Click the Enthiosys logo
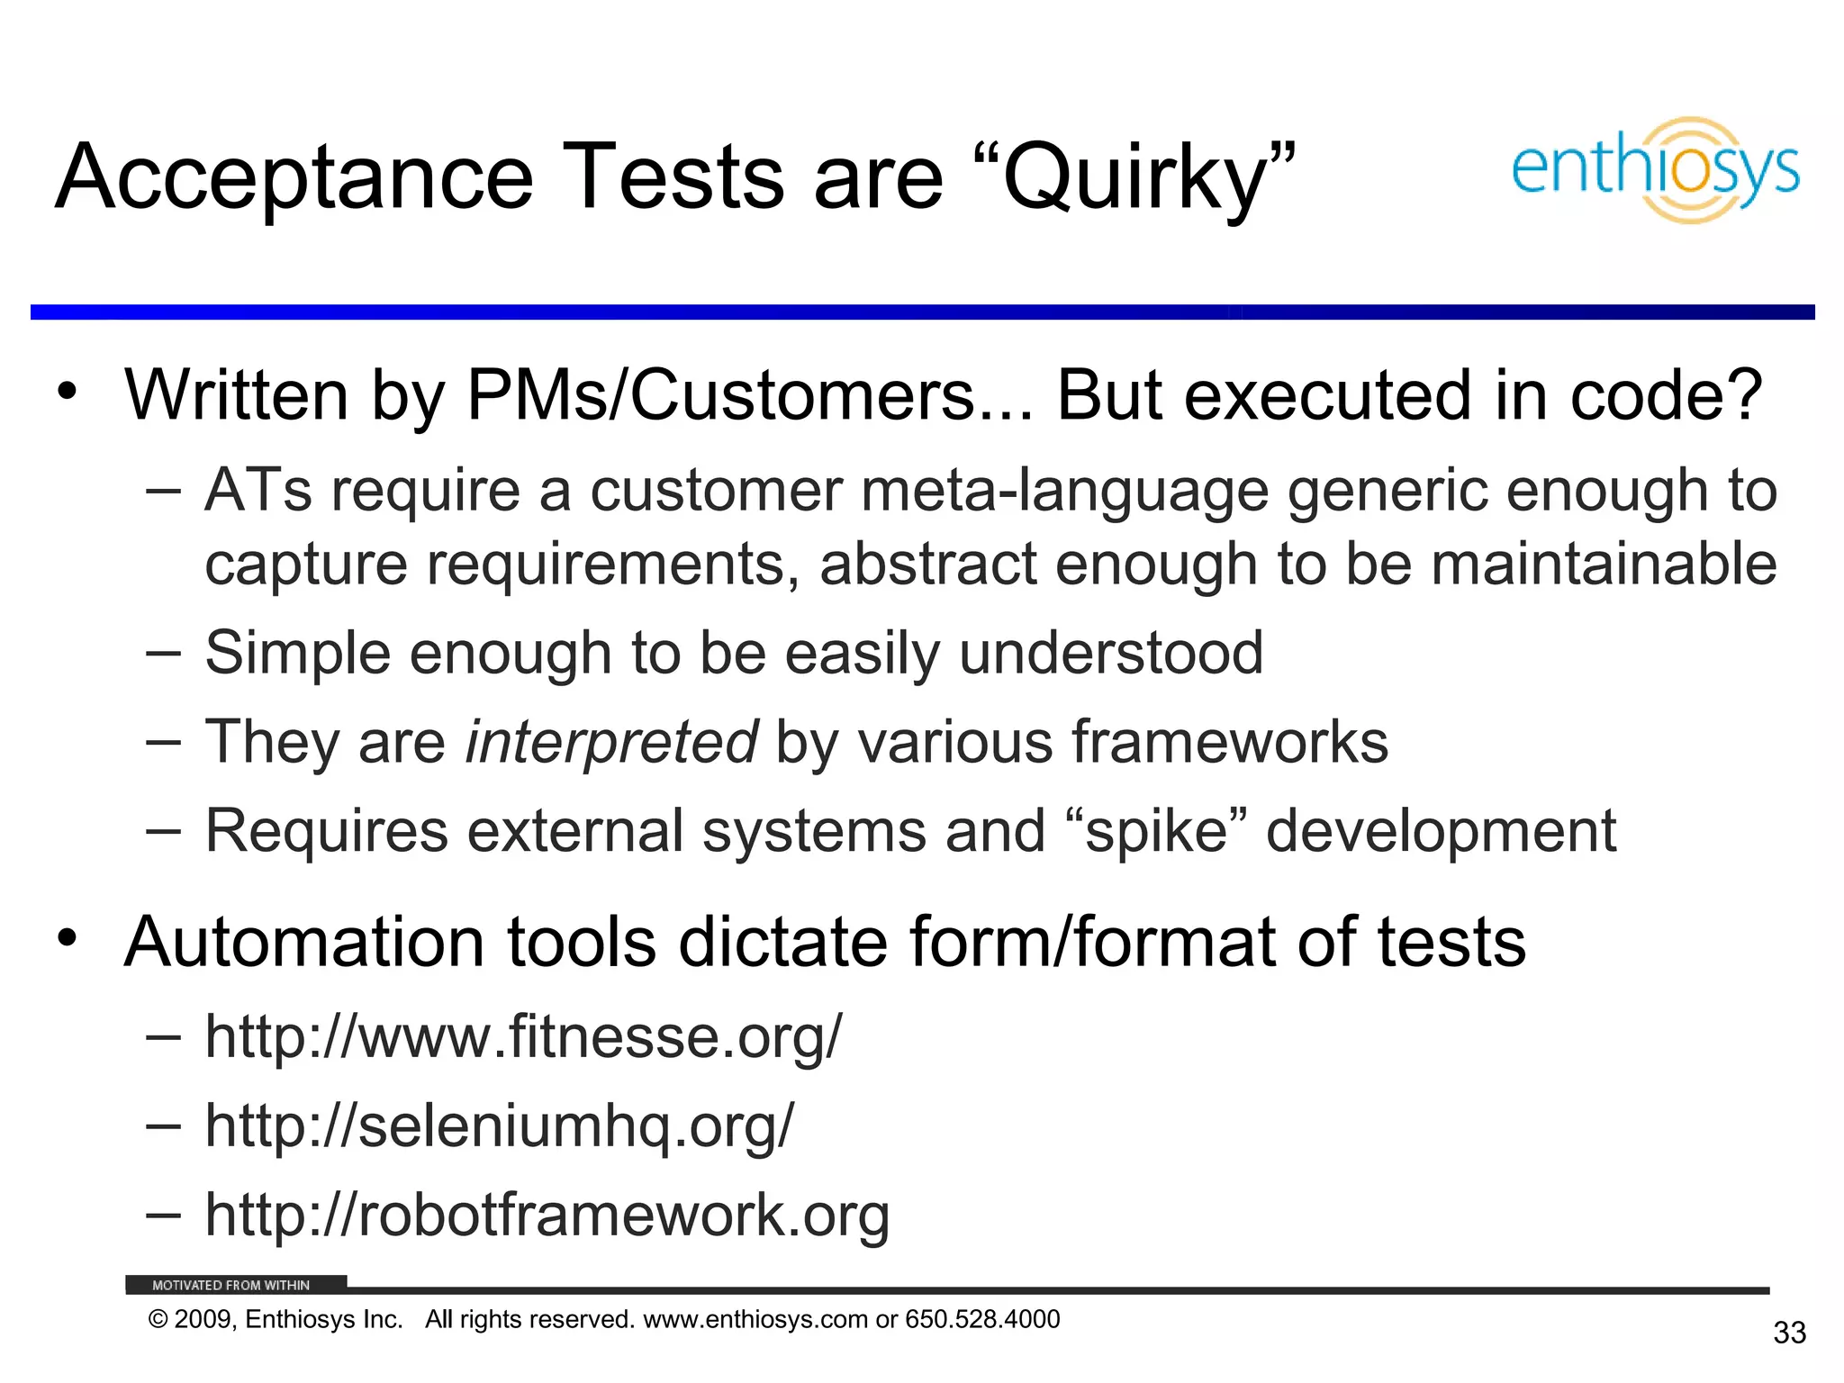(x=1655, y=170)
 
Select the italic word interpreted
(x=610, y=742)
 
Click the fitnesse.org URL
(x=523, y=1036)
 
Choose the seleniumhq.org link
(x=500, y=1125)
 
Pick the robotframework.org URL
(x=547, y=1215)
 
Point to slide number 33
(x=1789, y=1333)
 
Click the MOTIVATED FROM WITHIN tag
(x=230, y=1285)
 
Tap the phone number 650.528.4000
(x=982, y=1319)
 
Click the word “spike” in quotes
(x=1156, y=830)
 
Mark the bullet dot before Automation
(x=67, y=938)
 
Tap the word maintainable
(x=1604, y=565)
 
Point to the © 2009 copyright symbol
(x=158, y=1320)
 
